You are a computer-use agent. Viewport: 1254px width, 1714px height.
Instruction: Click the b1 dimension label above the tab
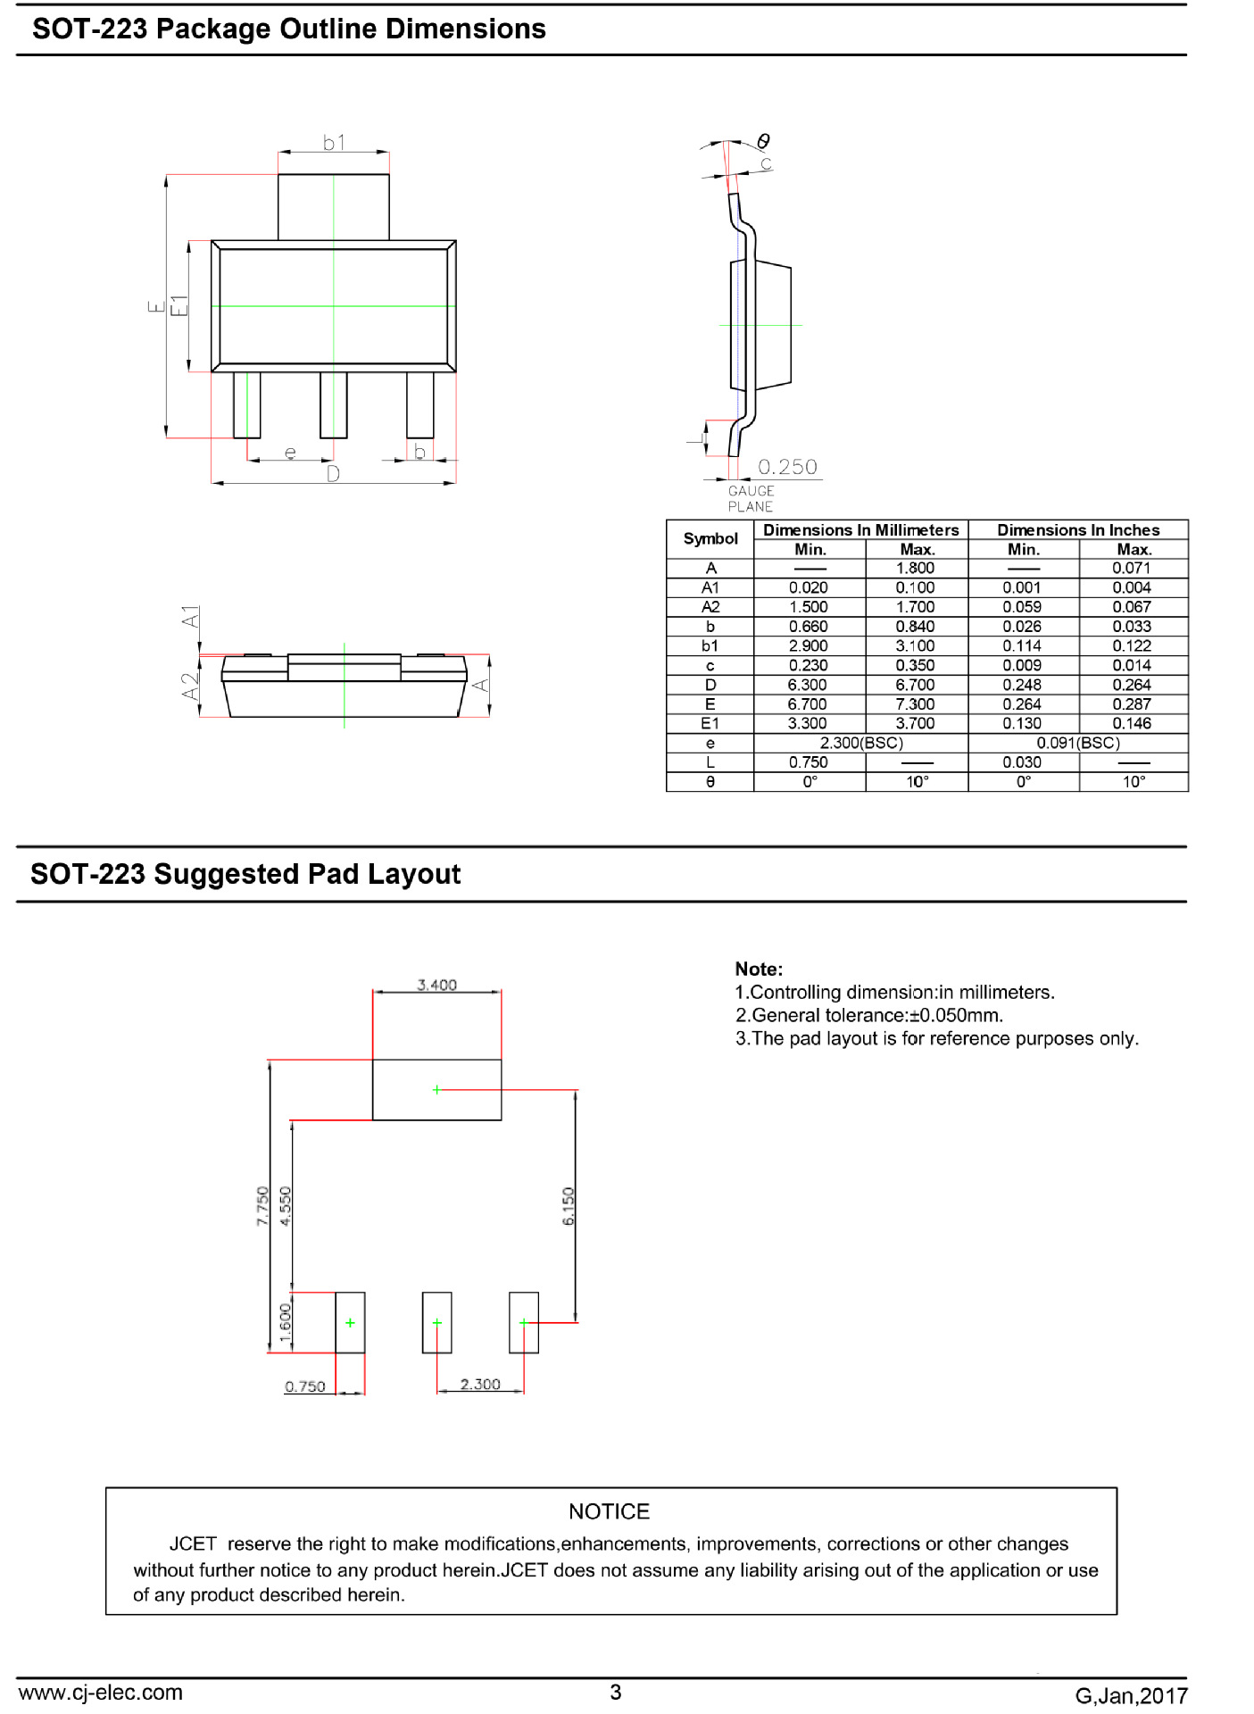click(334, 142)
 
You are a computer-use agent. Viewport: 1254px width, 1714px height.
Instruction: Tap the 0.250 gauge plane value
click(787, 467)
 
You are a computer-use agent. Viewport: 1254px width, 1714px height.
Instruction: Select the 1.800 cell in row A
click(916, 568)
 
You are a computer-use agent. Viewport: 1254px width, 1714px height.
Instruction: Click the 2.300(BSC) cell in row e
click(861, 743)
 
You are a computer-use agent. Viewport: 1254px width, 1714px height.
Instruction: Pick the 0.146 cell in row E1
click(1132, 723)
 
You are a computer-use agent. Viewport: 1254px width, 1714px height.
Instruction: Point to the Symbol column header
click(710, 538)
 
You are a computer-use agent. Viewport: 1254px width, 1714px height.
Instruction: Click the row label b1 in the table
click(710, 645)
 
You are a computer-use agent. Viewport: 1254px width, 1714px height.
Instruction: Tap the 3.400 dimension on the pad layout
click(436, 985)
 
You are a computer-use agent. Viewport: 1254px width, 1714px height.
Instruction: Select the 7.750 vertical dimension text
click(262, 1206)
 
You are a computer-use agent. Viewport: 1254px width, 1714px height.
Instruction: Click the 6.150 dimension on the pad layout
click(569, 1206)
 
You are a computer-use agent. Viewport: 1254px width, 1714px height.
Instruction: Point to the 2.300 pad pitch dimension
click(480, 1384)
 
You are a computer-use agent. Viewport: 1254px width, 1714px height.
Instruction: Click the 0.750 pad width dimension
click(305, 1386)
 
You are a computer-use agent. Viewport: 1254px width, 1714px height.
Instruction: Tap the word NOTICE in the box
click(610, 1511)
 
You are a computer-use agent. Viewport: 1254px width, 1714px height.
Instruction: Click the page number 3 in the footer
click(615, 1692)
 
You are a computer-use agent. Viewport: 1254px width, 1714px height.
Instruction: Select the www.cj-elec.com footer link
click(100, 1692)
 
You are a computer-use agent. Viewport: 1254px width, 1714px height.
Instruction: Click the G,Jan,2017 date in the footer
click(1131, 1695)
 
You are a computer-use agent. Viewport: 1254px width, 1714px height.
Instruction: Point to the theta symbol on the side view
click(763, 141)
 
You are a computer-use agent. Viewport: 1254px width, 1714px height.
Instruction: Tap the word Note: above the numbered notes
click(759, 969)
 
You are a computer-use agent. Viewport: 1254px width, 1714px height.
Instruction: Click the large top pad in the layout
click(436, 1090)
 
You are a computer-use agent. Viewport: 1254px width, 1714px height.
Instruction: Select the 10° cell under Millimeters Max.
click(918, 782)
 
